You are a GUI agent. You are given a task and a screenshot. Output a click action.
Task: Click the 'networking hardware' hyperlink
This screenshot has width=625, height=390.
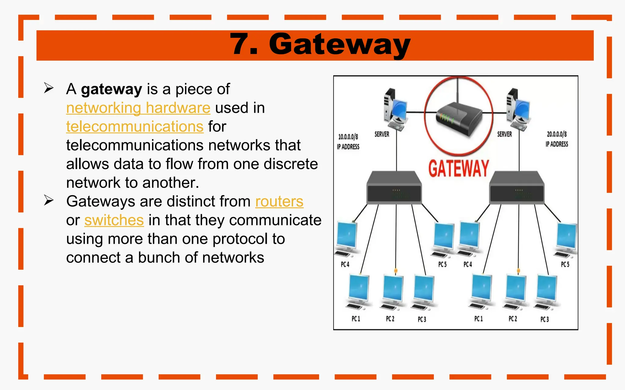click(x=138, y=108)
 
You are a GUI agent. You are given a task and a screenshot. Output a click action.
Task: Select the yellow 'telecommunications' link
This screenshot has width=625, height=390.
click(x=135, y=126)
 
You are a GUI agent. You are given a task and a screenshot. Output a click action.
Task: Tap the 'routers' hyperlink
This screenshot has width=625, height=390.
click(x=279, y=201)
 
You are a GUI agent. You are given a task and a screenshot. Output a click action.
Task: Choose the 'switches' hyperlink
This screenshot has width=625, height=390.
click(x=114, y=220)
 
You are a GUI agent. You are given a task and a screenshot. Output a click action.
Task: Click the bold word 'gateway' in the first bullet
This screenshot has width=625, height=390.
click(x=111, y=89)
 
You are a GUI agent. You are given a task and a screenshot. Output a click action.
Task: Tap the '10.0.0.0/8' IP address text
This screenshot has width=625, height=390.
click(x=348, y=137)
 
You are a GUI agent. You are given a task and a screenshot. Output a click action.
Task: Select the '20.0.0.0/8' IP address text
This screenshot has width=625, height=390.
click(x=557, y=134)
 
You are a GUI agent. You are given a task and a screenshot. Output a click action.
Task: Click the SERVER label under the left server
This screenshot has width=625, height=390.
click(x=382, y=134)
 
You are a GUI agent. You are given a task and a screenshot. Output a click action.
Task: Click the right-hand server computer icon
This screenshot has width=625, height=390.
click(x=518, y=110)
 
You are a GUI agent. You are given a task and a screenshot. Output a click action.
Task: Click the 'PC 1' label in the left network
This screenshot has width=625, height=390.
click(x=356, y=319)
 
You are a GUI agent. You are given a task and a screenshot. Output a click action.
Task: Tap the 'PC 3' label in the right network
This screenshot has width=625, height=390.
click(x=544, y=319)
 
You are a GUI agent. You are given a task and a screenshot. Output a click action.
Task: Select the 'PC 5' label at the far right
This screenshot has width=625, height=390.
click(x=565, y=264)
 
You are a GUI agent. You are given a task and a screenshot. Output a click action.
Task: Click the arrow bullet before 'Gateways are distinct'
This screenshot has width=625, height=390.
click(x=49, y=200)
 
